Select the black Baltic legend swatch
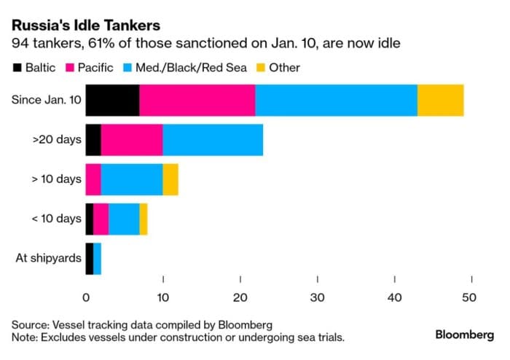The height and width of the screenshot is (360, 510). pos(17,68)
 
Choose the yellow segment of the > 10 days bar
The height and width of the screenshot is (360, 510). pos(170,179)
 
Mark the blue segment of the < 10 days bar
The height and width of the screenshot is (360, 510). pos(124,219)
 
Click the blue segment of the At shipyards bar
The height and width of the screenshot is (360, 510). pos(97,258)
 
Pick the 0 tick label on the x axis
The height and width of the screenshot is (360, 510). pos(86,297)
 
